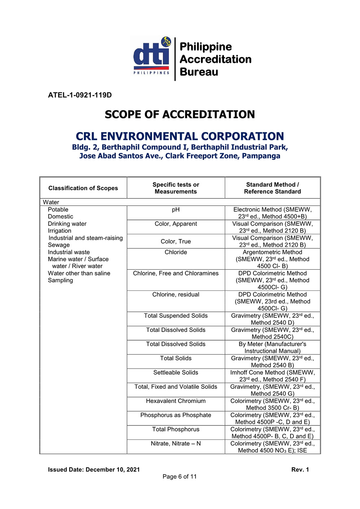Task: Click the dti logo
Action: [x=152, y=56]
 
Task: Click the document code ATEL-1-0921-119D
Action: [x=80, y=95]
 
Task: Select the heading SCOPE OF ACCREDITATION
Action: [x=180, y=114]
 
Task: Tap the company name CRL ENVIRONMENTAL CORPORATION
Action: [x=180, y=136]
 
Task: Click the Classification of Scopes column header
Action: [x=83, y=188]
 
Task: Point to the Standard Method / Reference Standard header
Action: [x=273, y=188]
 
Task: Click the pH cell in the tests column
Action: [x=176, y=210]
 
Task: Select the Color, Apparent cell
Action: [x=176, y=224]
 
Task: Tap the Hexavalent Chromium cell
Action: [x=176, y=401]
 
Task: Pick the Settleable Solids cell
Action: [x=176, y=373]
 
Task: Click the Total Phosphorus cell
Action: [x=176, y=429]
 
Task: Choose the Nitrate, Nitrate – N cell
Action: [x=176, y=443]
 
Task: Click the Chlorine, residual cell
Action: [x=176, y=294]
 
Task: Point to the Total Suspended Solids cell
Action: [x=176, y=316]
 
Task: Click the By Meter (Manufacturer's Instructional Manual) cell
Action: [x=273, y=347]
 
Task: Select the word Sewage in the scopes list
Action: [x=59, y=245]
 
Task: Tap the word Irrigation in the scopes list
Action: [x=59, y=231]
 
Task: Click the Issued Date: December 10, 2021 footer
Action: [x=94, y=469]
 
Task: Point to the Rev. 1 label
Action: [x=300, y=469]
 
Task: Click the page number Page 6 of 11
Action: [x=180, y=477]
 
